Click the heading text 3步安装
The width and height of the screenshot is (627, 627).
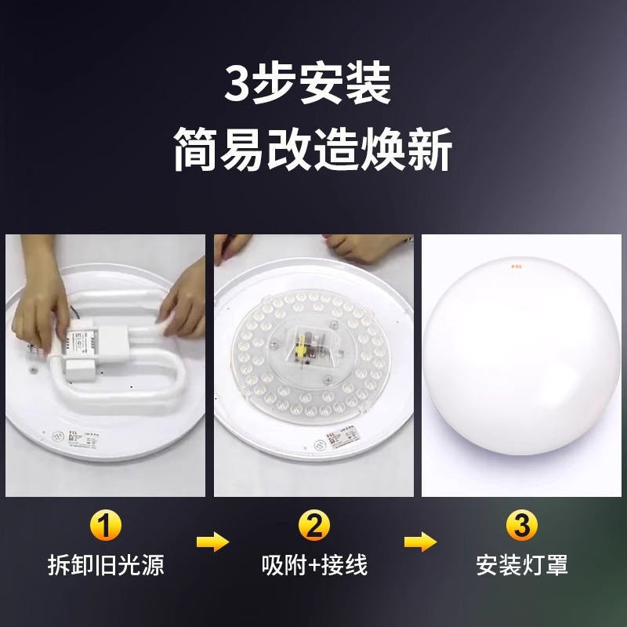pyautogui.click(x=307, y=85)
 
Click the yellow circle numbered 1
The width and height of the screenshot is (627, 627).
pyautogui.click(x=106, y=525)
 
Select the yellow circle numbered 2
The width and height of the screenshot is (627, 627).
pyautogui.click(x=313, y=525)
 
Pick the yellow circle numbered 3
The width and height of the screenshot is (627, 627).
pyautogui.click(x=521, y=525)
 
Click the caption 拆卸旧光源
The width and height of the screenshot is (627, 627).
pyautogui.click(x=106, y=564)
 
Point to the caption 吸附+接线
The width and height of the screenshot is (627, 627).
pyautogui.click(x=313, y=564)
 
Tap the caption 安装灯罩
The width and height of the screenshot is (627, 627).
pyautogui.click(x=521, y=564)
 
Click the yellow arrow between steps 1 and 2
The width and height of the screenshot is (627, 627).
pyautogui.click(x=211, y=542)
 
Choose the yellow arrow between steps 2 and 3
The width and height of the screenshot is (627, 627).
pyautogui.click(x=419, y=542)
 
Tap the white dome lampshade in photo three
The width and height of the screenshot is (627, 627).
pyautogui.click(x=521, y=368)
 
